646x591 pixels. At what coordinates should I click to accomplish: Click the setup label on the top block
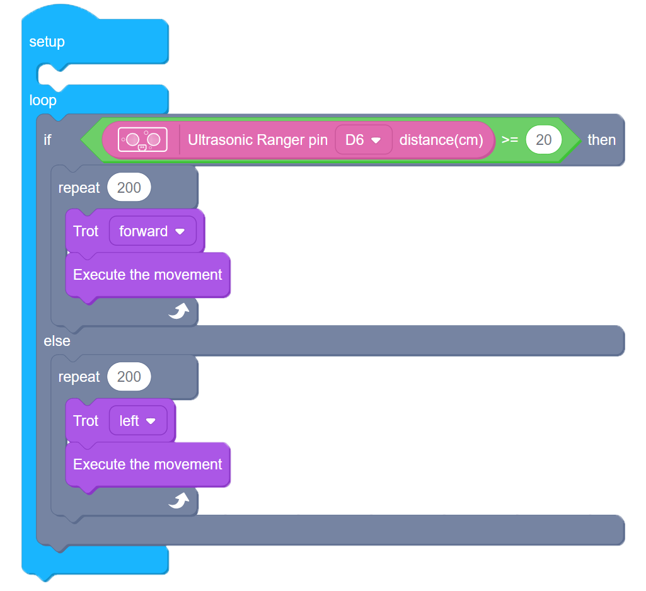[47, 42]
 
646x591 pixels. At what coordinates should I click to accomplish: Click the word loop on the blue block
[43, 100]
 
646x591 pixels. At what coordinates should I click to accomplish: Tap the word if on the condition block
[47, 140]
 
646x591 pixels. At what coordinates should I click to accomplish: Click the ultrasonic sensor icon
[142, 139]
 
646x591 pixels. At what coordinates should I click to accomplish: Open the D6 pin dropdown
[364, 140]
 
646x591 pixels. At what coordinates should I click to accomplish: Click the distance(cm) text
[441, 140]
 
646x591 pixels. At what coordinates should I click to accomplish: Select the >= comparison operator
[510, 140]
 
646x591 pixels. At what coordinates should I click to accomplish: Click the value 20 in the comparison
[543, 140]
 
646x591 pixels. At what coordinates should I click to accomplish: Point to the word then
[601, 140]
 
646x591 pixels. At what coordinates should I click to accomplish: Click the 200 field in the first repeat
[129, 188]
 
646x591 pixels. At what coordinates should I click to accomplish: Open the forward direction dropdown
[153, 231]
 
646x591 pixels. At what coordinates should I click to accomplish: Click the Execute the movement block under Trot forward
[147, 275]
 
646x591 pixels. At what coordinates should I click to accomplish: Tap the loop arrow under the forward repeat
[179, 311]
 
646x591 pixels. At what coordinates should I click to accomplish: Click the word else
[57, 341]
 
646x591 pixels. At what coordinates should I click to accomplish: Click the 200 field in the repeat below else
[129, 377]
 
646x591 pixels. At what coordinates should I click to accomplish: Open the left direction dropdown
[138, 421]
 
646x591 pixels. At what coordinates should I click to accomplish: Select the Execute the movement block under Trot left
[147, 464]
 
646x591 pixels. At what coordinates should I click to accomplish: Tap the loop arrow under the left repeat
[179, 500]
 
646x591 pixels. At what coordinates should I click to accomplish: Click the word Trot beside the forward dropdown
[86, 231]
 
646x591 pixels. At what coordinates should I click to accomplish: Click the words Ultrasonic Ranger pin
[258, 140]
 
